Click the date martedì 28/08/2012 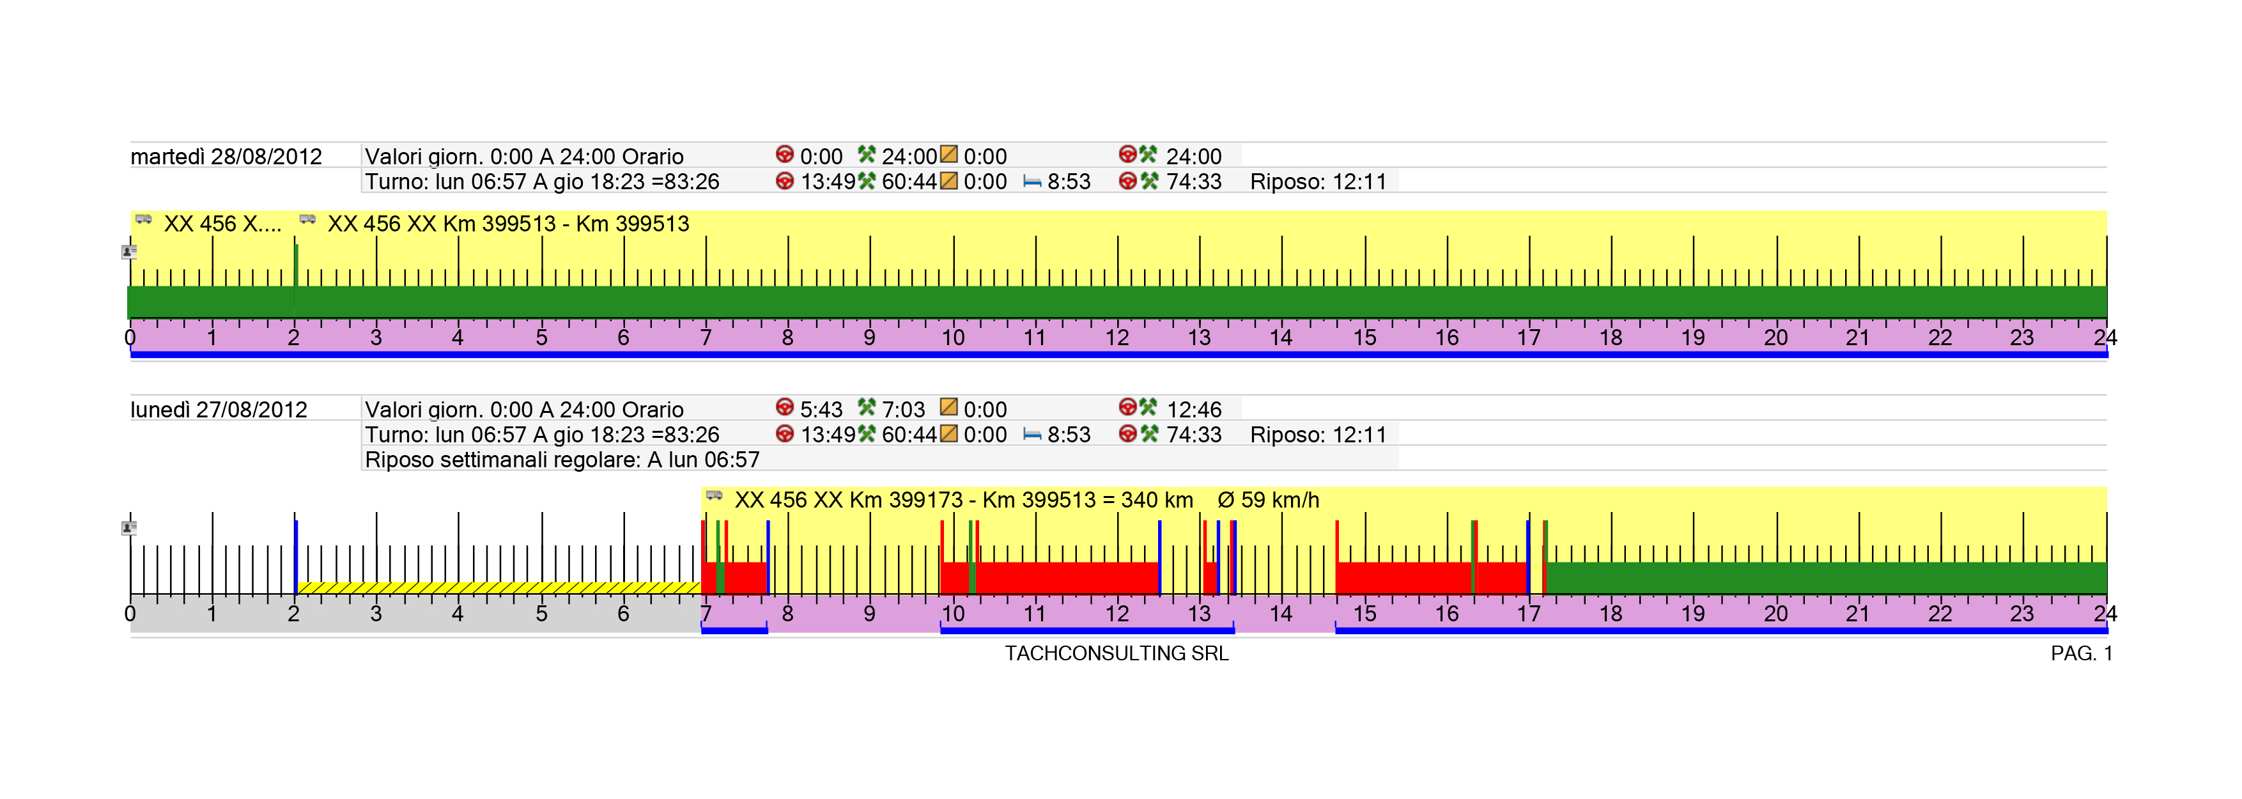pyautogui.click(x=226, y=157)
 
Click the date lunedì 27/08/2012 pyautogui.click(x=219, y=410)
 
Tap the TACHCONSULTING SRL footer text pyautogui.click(x=1117, y=654)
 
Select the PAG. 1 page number pyautogui.click(x=2081, y=654)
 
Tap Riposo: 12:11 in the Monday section pyautogui.click(x=1318, y=435)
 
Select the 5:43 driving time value pyautogui.click(x=821, y=410)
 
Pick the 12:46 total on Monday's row pyautogui.click(x=1193, y=410)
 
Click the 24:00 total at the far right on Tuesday pyautogui.click(x=1193, y=157)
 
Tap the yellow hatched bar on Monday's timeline pyautogui.click(x=499, y=588)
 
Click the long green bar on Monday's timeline pyautogui.click(x=1826, y=578)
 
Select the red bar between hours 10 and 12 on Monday pyautogui.click(x=1067, y=578)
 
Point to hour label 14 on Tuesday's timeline pyautogui.click(x=1280, y=337)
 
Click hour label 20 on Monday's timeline pyautogui.click(x=1775, y=614)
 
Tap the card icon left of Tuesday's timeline pyautogui.click(x=129, y=252)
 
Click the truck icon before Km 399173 pyautogui.click(x=715, y=496)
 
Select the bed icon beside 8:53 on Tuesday pyautogui.click(x=1032, y=182)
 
